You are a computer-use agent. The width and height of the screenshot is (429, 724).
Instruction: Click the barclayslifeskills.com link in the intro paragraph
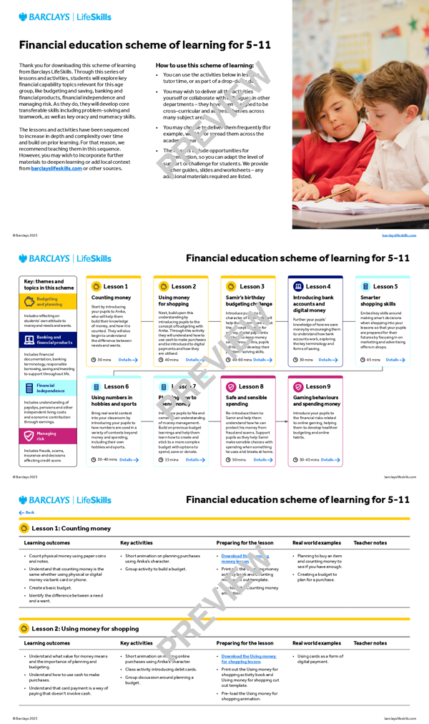coord(56,169)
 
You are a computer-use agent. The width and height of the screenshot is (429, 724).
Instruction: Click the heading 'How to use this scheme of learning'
coord(204,65)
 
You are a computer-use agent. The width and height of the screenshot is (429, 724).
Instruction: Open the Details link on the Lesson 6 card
coord(128,460)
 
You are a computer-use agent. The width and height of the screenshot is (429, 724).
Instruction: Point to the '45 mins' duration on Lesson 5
coord(373,360)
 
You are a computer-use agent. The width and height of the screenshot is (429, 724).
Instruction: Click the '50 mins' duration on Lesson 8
coord(239,460)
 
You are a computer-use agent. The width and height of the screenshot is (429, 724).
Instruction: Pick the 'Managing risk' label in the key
coord(46,435)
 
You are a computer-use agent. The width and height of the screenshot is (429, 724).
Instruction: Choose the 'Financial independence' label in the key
coord(51,388)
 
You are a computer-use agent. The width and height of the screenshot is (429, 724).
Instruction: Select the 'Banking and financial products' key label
coord(54,341)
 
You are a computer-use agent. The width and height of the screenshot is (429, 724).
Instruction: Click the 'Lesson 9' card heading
coord(317,387)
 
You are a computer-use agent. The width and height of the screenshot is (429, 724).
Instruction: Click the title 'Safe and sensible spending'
coord(247,400)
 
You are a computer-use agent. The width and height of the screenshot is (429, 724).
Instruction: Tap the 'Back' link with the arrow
coord(26,513)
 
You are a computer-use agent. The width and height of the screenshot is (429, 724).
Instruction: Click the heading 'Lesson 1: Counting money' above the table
coord(71,529)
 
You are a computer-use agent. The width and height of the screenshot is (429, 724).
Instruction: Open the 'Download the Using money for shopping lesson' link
coord(248,659)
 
